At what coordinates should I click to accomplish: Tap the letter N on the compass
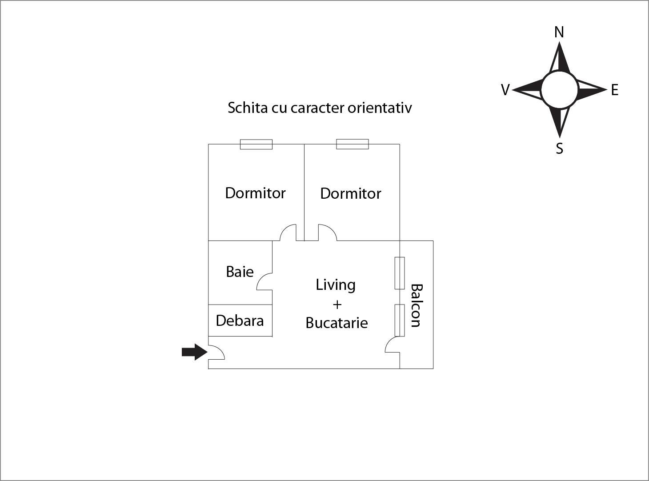click(x=559, y=32)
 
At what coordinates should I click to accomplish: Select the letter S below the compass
click(x=559, y=148)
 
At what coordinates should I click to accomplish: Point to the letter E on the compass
click(x=614, y=90)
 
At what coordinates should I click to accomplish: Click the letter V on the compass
click(x=505, y=90)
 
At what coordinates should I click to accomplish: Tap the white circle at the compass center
click(x=559, y=90)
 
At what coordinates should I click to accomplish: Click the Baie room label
click(x=240, y=272)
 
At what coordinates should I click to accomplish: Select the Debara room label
click(x=240, y=321)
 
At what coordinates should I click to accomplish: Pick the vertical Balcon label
click(x=416, y=305)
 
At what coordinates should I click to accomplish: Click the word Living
click(x=336, y=285)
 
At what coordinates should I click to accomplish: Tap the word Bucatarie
click(x=337, y=323)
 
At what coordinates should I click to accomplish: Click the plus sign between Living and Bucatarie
click(x=337, y=305)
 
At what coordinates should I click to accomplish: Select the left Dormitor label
click(x=255, y=193)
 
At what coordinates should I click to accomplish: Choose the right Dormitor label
click(x=351, y=193)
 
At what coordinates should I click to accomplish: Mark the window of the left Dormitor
click(x=256, y=144)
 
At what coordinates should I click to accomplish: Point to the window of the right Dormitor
click(x=352, y=144)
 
